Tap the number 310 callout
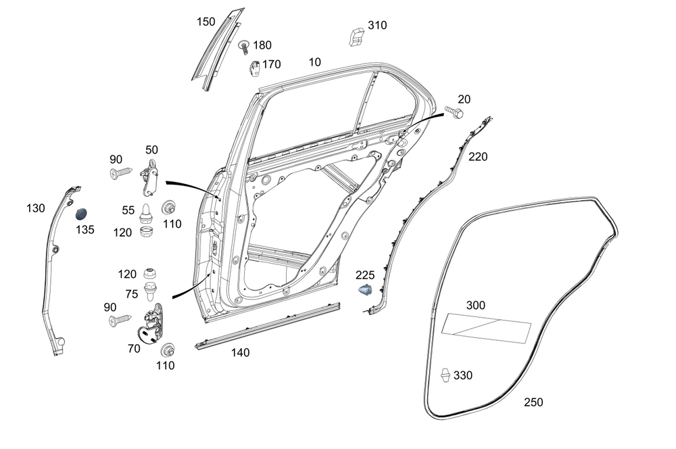(x=377, y=26)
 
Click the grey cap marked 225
(x=366, y=291)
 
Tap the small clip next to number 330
(x=446, y=375)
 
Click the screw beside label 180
(x=243, y=47)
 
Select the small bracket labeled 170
(x=256, y=68)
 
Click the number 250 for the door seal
(x=533, y=402)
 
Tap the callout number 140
(x=240, y=352)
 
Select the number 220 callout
(x=478, y=157)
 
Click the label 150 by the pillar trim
(x=206, y=22)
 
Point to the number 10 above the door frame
(x=314, y=62)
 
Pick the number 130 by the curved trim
(x=36, y=208)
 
